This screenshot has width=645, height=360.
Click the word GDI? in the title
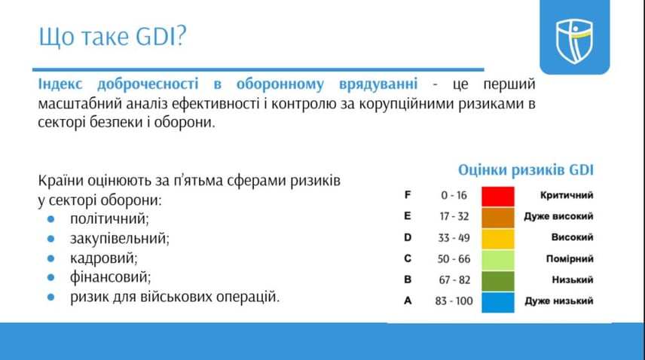click(160, 35)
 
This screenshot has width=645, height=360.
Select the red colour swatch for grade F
click(498, 196)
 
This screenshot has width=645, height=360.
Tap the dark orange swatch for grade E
click(498, 218)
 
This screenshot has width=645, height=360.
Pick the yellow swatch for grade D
click(498, 239)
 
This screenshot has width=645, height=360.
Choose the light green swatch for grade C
click(498, 260)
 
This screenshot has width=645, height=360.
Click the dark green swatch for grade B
click(498, 281)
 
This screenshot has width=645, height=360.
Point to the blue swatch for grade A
click(498, 303)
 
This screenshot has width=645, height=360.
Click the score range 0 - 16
click(454, 195)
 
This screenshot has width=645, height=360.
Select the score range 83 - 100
click(454, 301)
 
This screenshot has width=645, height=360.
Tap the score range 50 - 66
click(454, 259)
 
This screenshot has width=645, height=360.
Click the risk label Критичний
click(567, 195)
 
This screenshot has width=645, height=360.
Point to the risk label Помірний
click(570, 259)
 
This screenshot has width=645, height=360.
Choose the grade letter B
click(408, 279)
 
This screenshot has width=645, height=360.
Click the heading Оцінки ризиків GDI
click(526, 170)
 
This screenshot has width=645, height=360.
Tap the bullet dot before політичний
click(51, 219)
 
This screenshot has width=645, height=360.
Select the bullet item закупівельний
click(120, 238)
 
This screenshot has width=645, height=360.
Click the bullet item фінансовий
click(110, 277)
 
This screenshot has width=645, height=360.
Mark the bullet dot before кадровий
click(51, 258)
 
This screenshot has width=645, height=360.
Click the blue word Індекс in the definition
click(60, 84)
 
